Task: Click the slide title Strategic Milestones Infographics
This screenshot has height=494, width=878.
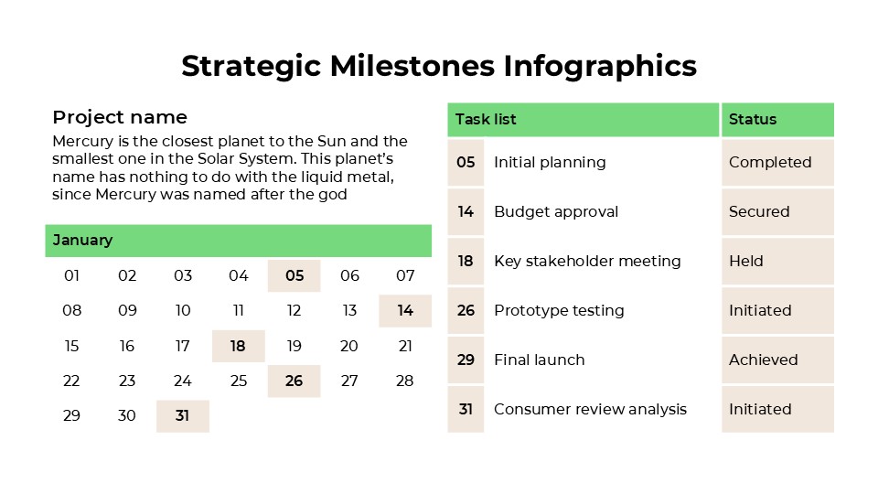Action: pyautogui.click(x=439, y=66)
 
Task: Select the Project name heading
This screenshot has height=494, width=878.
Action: pyautogui.click(x=120, y=117)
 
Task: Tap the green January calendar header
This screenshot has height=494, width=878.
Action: pyautogui.click(x=238, y=241)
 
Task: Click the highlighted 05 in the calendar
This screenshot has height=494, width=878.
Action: pyautogui.click(x=294, y=275)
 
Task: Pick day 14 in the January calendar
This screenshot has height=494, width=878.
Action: pyautogui.click(x=405, y=311)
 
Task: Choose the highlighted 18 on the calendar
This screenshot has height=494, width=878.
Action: pyautogui.click(x=238, y=346)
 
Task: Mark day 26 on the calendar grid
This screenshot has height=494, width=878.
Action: pyautogui.click(x=294, y=381)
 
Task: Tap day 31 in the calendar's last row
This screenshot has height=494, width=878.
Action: pyautogui.click(x=182, y=415)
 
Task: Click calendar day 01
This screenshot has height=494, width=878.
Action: pyautogui.click(x=71, y=275)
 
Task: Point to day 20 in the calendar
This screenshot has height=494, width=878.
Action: pyautogui.click(x=349, y=346)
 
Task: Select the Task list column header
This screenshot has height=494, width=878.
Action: pyautogui.click(x=583, y=119)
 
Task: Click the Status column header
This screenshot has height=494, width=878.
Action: pyautogui.click(x=777, y=119)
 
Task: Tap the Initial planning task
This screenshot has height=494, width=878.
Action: pyautogui.click(x=550, y=162)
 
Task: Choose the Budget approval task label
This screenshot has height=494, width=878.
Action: pyautogui.click(x=556, y=211)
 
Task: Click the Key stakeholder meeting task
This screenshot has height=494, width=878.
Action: pyautogui.click(x=587, y=261)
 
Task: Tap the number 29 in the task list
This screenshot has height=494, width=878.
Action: pyautogui.click(x=466, y=360)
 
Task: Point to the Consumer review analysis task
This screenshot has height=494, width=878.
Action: pyautogui.click(x=590, y=409)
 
